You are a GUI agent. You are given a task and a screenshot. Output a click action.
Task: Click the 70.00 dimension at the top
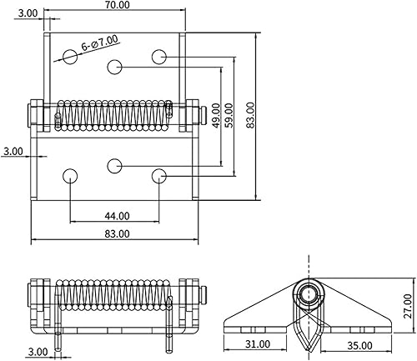click(118, 5)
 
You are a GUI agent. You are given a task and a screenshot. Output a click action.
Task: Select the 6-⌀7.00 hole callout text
click(100, 43)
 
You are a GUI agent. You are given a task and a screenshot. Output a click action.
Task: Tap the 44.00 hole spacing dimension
click(117, 216)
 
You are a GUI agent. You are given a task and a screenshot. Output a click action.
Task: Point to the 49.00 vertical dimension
click(216, 115)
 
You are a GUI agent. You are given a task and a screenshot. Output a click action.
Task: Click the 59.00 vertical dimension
click(229, 115)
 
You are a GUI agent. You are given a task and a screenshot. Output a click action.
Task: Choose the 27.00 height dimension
click(408, 306)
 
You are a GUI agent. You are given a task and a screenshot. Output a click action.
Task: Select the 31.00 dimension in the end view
click(258, 344)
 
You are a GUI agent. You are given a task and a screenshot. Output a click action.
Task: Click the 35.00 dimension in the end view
click(359, 346)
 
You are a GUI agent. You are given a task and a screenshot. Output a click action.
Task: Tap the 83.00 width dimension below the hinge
click(117, 233)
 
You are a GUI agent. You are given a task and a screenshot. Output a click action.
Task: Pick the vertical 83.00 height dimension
click(250, 115)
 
